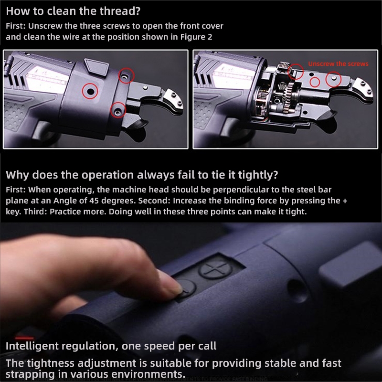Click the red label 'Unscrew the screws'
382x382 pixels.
click(338, 64)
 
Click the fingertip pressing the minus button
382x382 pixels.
click(170, 284)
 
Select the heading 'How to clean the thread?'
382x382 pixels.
click(73, 11)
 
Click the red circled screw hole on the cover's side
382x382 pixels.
click(90, 91)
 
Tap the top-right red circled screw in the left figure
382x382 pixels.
click(126, 76)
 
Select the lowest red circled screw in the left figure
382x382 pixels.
click(118, 110)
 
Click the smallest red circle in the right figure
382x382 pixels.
click(315, 82)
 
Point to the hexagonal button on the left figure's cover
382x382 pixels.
click(96, 67)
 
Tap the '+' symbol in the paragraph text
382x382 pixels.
click(345, 201)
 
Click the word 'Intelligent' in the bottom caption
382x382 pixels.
click(32, 346)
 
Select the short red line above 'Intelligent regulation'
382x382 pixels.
click(24, 338)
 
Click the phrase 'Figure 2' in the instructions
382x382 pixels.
click(196, 37)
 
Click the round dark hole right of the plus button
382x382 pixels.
click(297, 290)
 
